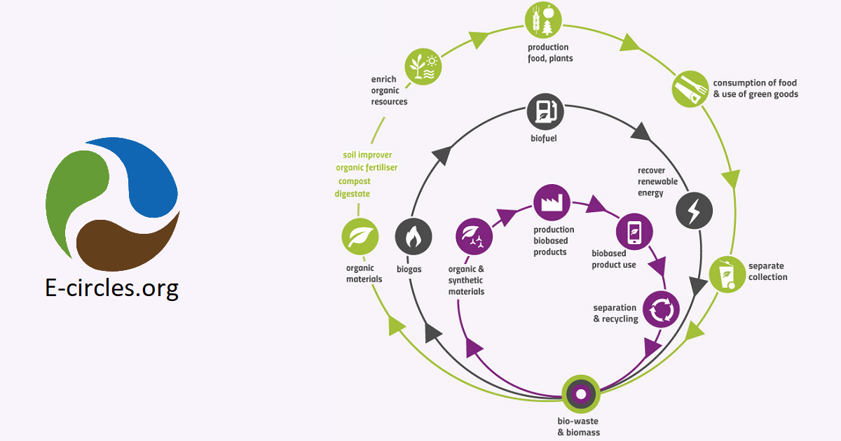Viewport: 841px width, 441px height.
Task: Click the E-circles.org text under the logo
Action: [112, 288]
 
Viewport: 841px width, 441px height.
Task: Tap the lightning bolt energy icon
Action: [695, 209]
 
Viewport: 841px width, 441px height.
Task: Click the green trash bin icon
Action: [727, 274]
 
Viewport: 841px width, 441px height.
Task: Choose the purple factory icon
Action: [552, 203]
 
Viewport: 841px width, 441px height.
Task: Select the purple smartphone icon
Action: [634, 232]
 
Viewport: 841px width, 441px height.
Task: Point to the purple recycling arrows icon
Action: [661, 309]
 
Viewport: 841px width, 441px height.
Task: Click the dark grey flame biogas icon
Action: [413, 237]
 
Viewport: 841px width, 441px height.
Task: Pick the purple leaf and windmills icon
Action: [474, 237]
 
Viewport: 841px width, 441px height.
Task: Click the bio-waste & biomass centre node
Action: [580, 394]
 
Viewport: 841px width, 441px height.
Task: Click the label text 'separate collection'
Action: [767, 272]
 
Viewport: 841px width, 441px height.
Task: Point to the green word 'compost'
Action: [354, 181]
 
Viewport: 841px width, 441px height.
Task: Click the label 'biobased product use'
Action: [614, 259]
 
